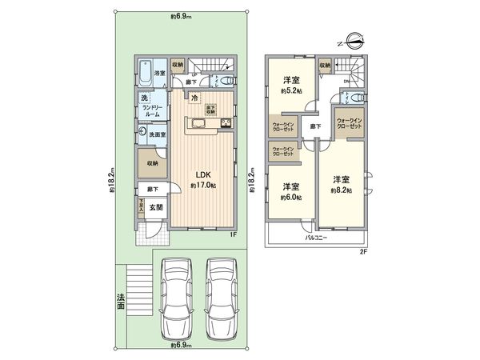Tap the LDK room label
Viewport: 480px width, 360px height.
202,172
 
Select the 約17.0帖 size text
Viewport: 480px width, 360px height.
202,185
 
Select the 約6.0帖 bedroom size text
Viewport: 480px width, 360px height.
291,198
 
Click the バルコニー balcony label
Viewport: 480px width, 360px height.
318,238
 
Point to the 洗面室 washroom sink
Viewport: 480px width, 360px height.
142,134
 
